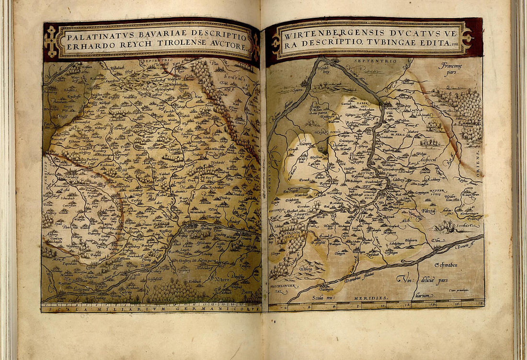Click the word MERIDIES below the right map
(372, 298)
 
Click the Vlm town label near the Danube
(435, 240)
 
